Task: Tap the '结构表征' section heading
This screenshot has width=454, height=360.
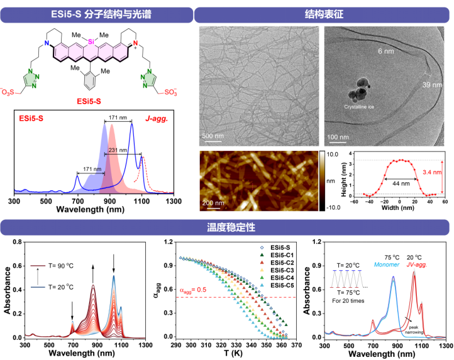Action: (323, 13)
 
